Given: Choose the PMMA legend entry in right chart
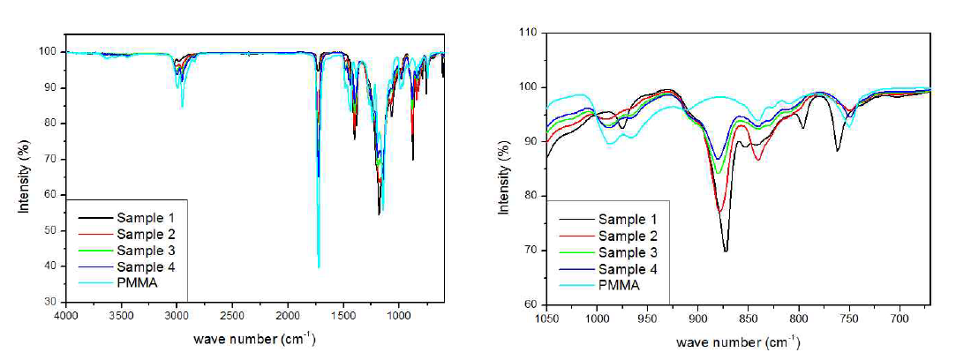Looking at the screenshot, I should [619, 285].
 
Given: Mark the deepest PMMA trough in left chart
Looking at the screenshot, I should [319, 266].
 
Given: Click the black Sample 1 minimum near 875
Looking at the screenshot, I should [726, 251].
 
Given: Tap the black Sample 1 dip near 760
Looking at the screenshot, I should [837, 151].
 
